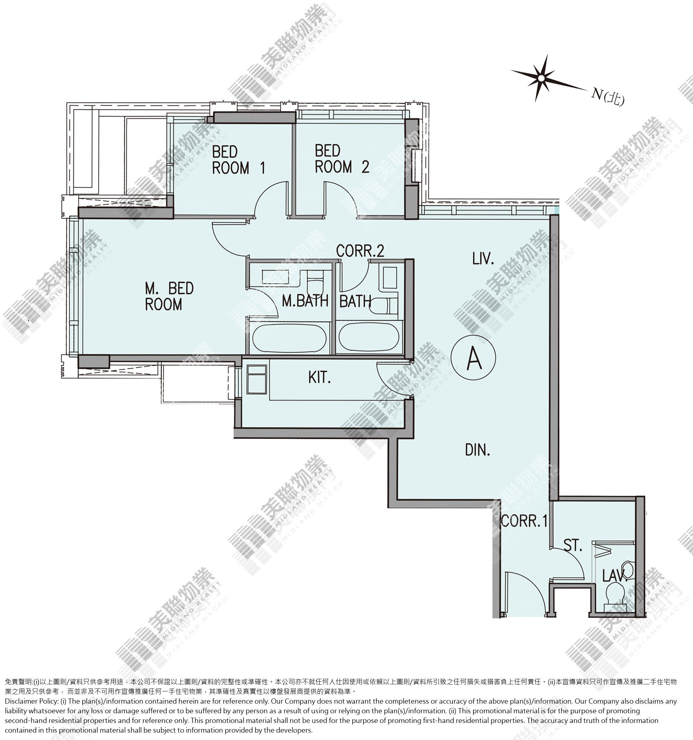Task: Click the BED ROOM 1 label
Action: (238, 160)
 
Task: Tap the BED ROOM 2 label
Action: (342, 159)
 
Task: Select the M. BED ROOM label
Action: (169, 296)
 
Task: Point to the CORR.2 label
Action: (360, 251)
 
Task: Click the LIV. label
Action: (483, 258)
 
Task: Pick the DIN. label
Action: (478, 450)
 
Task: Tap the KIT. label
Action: (319, 378)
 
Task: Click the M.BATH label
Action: (305, 301)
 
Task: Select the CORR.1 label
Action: (524, 521)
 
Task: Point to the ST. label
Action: (573, 546)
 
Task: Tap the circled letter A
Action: (473, 357)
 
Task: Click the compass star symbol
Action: (541, 79)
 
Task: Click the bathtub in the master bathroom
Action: (289, 338)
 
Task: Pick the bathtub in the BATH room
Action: (369, 336)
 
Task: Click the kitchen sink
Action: (256, 379)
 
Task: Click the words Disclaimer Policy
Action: (31, 701)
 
